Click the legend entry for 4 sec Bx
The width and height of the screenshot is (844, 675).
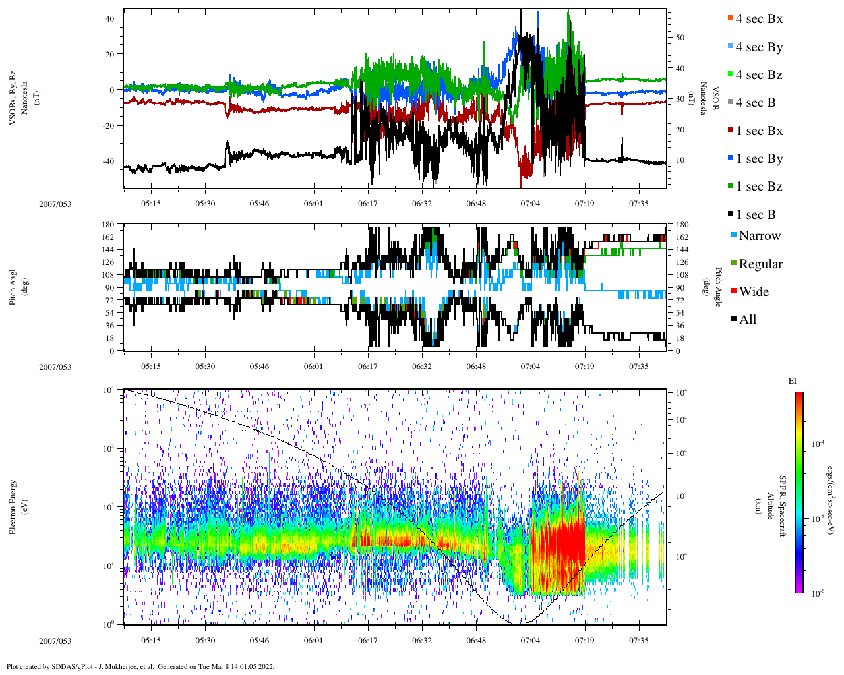click(x=758, y=19)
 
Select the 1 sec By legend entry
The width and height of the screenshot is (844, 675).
click(x=758, y=159)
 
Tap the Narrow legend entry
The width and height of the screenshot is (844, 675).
click(x=758, y=236)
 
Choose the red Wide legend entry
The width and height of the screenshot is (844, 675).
click(x=753, y=292)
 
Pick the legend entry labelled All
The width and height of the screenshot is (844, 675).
click(x=747, y=320)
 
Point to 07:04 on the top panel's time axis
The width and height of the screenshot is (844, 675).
click(x=530, y=204)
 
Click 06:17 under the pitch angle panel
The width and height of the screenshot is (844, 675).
click(x=368, y=367)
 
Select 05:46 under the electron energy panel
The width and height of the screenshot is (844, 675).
click(x=259, y=641)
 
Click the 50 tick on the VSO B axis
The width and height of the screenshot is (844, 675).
click(x=680, y=38)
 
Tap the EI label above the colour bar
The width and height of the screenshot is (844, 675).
click(x=793, y=381)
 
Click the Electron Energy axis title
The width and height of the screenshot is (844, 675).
click(x=13, y=506)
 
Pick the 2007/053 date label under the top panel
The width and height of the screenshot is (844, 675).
click(x=55, y=204)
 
